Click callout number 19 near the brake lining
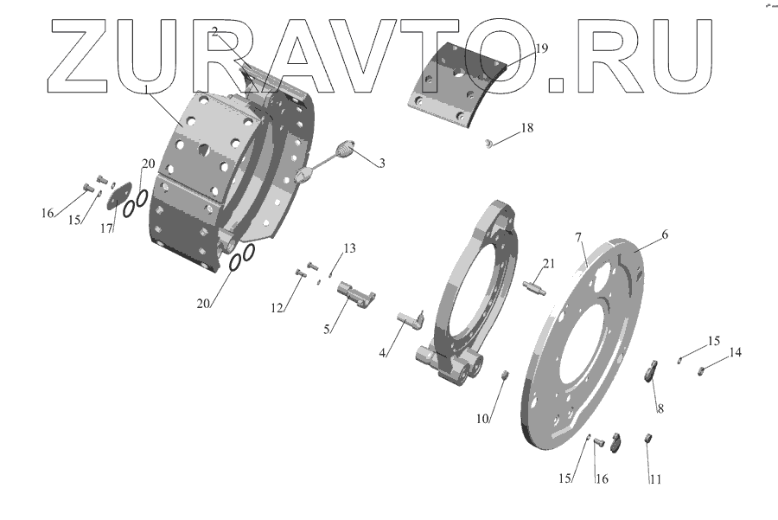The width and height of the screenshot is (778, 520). pos(541,48)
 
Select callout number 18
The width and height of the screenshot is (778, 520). pos(527,128)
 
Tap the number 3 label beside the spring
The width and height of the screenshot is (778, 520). pos(381,164)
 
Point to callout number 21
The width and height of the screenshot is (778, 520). pos(548,263)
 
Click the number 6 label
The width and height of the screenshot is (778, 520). pos(665,234)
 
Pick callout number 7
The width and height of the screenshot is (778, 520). pos(578,238)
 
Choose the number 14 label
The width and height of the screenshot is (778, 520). pos(735,352)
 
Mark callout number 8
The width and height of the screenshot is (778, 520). pos(660,408)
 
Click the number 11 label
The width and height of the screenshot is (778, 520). pos(655,479)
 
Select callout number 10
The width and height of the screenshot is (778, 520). pos(482,419)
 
